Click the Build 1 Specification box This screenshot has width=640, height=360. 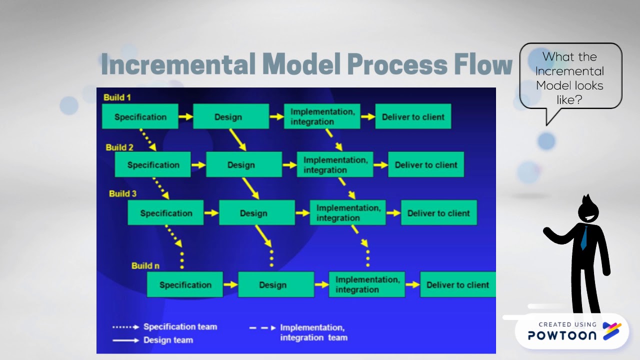click(140, 116)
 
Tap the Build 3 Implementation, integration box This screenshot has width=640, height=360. click(348, 213)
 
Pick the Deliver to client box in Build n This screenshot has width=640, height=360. click(457, 285)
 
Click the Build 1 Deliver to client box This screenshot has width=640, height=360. click(413, 116)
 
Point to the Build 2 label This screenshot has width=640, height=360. click(119, 147)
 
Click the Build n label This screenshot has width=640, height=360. click(145, 265)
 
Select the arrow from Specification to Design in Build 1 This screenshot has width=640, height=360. click(185, 117)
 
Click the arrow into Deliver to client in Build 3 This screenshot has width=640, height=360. click(393, 213)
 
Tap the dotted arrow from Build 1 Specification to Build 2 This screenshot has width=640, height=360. click(148, 139)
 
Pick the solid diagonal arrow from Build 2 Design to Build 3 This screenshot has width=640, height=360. click(250, 188)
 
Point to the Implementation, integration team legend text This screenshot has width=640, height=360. click(313, 332)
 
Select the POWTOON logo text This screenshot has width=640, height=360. click(562, 335)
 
